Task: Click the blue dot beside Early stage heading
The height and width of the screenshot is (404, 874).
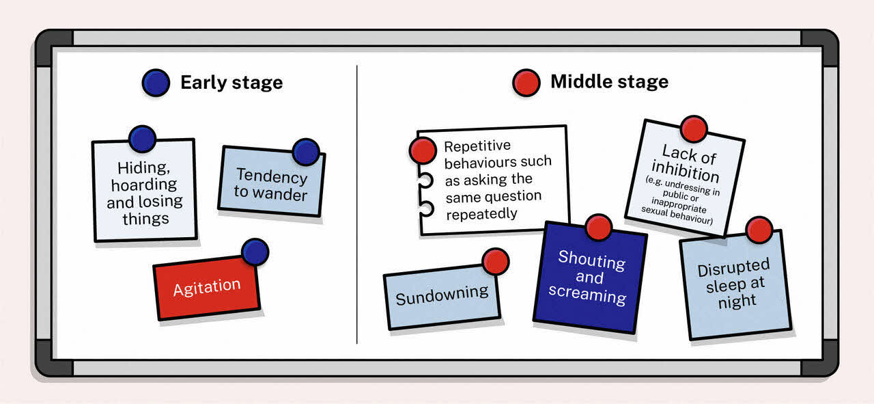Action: click(156, 83)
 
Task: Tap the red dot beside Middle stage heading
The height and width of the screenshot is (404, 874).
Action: click(526, 83)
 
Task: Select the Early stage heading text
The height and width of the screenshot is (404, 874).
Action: click(231, 83)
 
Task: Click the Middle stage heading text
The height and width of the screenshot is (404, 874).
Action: click(609, 83)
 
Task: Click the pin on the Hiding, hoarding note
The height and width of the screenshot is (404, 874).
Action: click(142, 139)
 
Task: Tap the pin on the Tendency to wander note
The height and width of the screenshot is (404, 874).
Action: click(305, 152)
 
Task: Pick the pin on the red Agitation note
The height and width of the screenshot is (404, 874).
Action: click(255, 252)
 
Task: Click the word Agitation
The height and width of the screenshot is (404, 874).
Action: click(207, 287)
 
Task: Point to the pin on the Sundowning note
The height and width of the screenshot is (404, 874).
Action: click(495, 261)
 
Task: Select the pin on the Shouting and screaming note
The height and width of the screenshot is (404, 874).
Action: click(598, 228)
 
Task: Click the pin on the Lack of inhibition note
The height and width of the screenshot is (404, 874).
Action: click(694, 129)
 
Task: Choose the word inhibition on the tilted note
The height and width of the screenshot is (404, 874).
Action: click(685, 169)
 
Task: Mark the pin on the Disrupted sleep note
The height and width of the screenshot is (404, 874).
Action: click(759, 230)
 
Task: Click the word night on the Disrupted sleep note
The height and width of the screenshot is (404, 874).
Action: click(737, 301)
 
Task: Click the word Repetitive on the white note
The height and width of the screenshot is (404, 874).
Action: click(477, 146)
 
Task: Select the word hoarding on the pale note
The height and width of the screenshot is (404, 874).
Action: click(143, 185)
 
